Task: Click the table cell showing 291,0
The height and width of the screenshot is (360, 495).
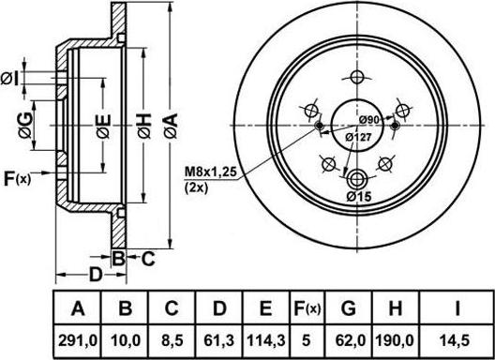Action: pyautogui.click(x=78, y=341)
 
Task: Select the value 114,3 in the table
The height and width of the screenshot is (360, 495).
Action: pyautogui.click(x=266, y=341)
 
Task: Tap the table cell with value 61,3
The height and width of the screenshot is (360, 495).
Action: pyautogui.click(x=219, y=341)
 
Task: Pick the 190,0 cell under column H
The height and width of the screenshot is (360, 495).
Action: pyautogui.click(x=395, y=341)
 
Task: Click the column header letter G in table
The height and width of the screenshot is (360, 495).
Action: pyautogui.click(x=348, y=307)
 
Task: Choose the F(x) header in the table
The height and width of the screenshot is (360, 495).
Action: pyautogui.click(x=307, y=308)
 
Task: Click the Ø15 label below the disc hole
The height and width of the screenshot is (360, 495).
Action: pyautogui.click(x=359, y=197)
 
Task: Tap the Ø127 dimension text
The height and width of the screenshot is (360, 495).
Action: pyautogui.click(x=358, y=138)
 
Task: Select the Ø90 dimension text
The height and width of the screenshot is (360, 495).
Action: pyautogui.click(x=369, y=120)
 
